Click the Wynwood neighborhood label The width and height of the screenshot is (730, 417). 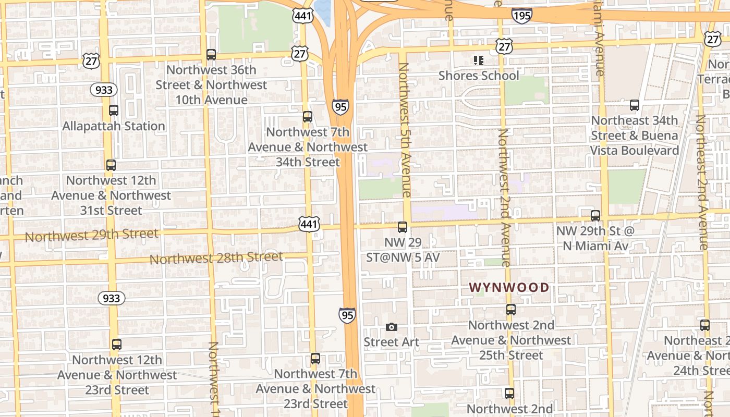coord(509,287)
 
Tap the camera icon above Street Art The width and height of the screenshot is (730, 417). coord(392,327)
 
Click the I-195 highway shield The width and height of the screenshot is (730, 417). coord(521,16)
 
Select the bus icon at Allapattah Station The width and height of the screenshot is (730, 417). coord(114,111)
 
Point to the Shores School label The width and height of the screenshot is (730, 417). coord(479,76)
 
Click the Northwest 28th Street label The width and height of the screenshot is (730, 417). coord(216,257)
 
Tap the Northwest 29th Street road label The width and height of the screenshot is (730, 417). coord(91,235)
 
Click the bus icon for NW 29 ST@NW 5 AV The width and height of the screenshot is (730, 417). coord(403,227)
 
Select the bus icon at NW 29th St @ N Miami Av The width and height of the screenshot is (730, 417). coord(595,215)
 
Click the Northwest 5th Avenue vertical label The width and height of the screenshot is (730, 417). coord(405,130)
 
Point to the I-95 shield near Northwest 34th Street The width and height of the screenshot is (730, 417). coord(340,107)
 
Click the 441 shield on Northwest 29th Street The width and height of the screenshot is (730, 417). coord(309,225)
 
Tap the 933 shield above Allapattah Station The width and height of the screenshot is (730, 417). coord(104,90)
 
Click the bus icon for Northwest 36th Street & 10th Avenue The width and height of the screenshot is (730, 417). coord(211,54)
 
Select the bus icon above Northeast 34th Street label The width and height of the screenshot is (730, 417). coord(635,105)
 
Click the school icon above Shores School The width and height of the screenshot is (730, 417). coord(479,60)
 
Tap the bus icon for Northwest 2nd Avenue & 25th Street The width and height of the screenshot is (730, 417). coord(511,310)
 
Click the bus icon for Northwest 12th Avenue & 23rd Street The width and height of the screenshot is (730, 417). coord(117,345)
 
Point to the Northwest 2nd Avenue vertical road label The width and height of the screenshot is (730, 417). coord(504,198)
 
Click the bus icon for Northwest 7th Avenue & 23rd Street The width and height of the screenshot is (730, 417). coord(315,359)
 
